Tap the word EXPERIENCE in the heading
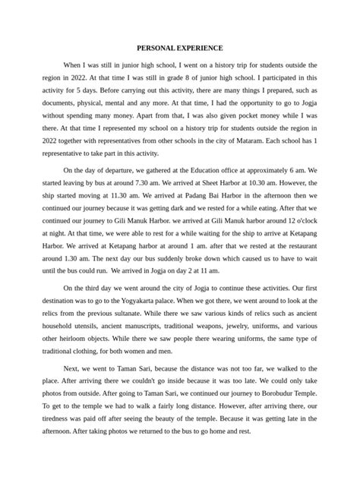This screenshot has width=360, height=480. click(204, 47)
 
